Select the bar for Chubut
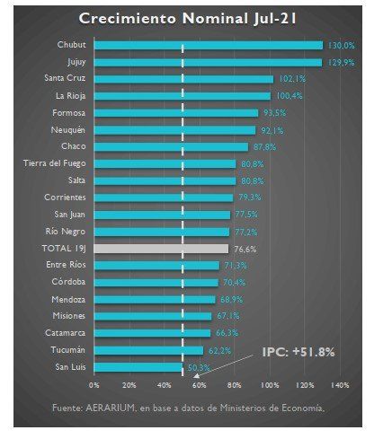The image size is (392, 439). pyautogui.click(x=208, y=45)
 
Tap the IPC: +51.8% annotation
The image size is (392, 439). pyautogui.click(x=298, y=352)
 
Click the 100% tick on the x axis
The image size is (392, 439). pyautogui.click(x=269, y=384)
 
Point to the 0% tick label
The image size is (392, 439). pyautogui.click(x=94, y=384)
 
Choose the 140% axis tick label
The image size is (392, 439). pyautogui.click(x=340, y=384)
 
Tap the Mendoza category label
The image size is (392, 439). pyautogui.click(x=68, y=299)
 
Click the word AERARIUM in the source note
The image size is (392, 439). pyautogui.click(x=114, y=409)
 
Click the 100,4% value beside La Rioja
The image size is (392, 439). pyautogui.click(x=286, y=96)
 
